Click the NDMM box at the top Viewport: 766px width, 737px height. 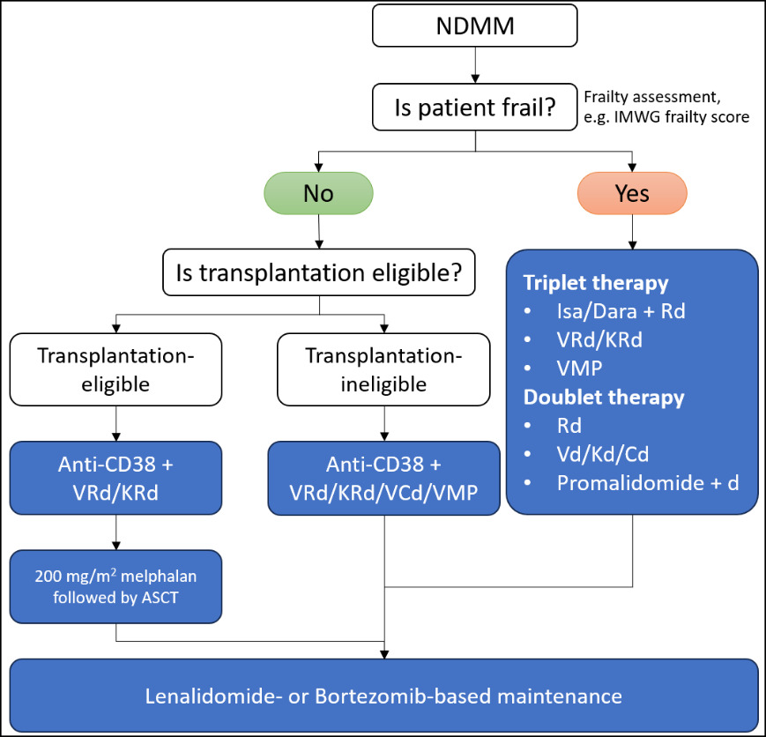click(475, 26)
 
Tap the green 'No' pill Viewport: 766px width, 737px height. click(318, 193)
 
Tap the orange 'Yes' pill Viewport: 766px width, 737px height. click(632, 193)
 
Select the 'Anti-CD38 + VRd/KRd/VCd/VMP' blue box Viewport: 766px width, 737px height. click(383, 478)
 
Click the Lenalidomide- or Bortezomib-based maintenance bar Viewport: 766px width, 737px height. click(383, 696)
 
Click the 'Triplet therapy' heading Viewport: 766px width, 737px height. click(595, 283)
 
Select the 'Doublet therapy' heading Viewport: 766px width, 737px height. click(604, 397)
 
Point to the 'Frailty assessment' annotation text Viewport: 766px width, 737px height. click(666, 105)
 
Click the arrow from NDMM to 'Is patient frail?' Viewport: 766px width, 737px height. click(475, 65)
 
